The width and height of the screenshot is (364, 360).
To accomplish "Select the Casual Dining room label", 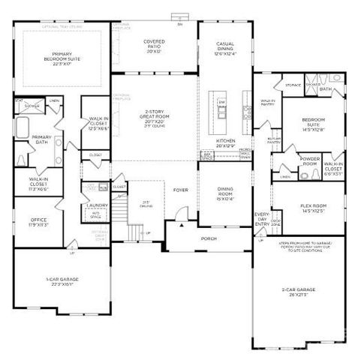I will pos(226,49).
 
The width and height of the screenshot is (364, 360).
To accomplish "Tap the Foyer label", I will pos(180,190).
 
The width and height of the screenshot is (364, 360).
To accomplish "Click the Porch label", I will pos(209,240).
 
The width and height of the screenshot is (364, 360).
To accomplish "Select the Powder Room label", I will pos(309,161).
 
